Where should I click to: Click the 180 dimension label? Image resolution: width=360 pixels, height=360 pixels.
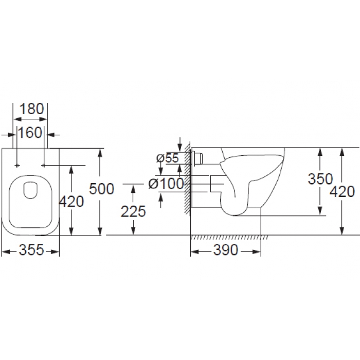(x=32, y=109)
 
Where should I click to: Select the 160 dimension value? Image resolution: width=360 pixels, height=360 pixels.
(x=30, y=133)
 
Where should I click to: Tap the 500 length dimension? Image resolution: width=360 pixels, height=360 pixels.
(x=101, y=189)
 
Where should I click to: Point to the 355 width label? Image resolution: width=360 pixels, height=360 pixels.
(x=31, y=249)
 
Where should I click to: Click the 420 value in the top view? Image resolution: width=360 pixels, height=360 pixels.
(x=71, y=202)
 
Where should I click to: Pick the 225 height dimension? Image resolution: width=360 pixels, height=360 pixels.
(x=133, y=211)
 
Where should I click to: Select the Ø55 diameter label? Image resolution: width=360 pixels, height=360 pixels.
(x=167, y=158)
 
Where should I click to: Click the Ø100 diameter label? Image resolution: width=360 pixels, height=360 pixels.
(x=166, y=184)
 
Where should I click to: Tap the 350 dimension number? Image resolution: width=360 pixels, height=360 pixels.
(x=320, y=179)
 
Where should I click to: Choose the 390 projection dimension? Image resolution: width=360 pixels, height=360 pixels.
(x=226, y=250)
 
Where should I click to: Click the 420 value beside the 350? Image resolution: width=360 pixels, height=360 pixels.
(x=343, y=192)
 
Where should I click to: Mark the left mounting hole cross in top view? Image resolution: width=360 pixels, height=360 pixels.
(x=17, y=165)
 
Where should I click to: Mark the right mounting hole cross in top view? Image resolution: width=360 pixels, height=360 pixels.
(x=44, y=165)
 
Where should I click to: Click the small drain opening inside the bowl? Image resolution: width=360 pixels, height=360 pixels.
(x=30, y=190)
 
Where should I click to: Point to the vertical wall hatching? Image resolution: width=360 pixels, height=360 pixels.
(x=188, y=179)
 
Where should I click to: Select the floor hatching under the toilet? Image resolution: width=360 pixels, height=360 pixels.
(x=229, y=238)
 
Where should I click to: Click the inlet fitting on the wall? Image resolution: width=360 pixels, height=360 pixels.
(x=197, y=158)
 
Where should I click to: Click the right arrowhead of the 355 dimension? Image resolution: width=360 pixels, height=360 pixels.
(x=55, y=252)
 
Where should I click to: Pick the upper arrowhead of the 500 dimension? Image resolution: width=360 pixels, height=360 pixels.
(x=100, y=153)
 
